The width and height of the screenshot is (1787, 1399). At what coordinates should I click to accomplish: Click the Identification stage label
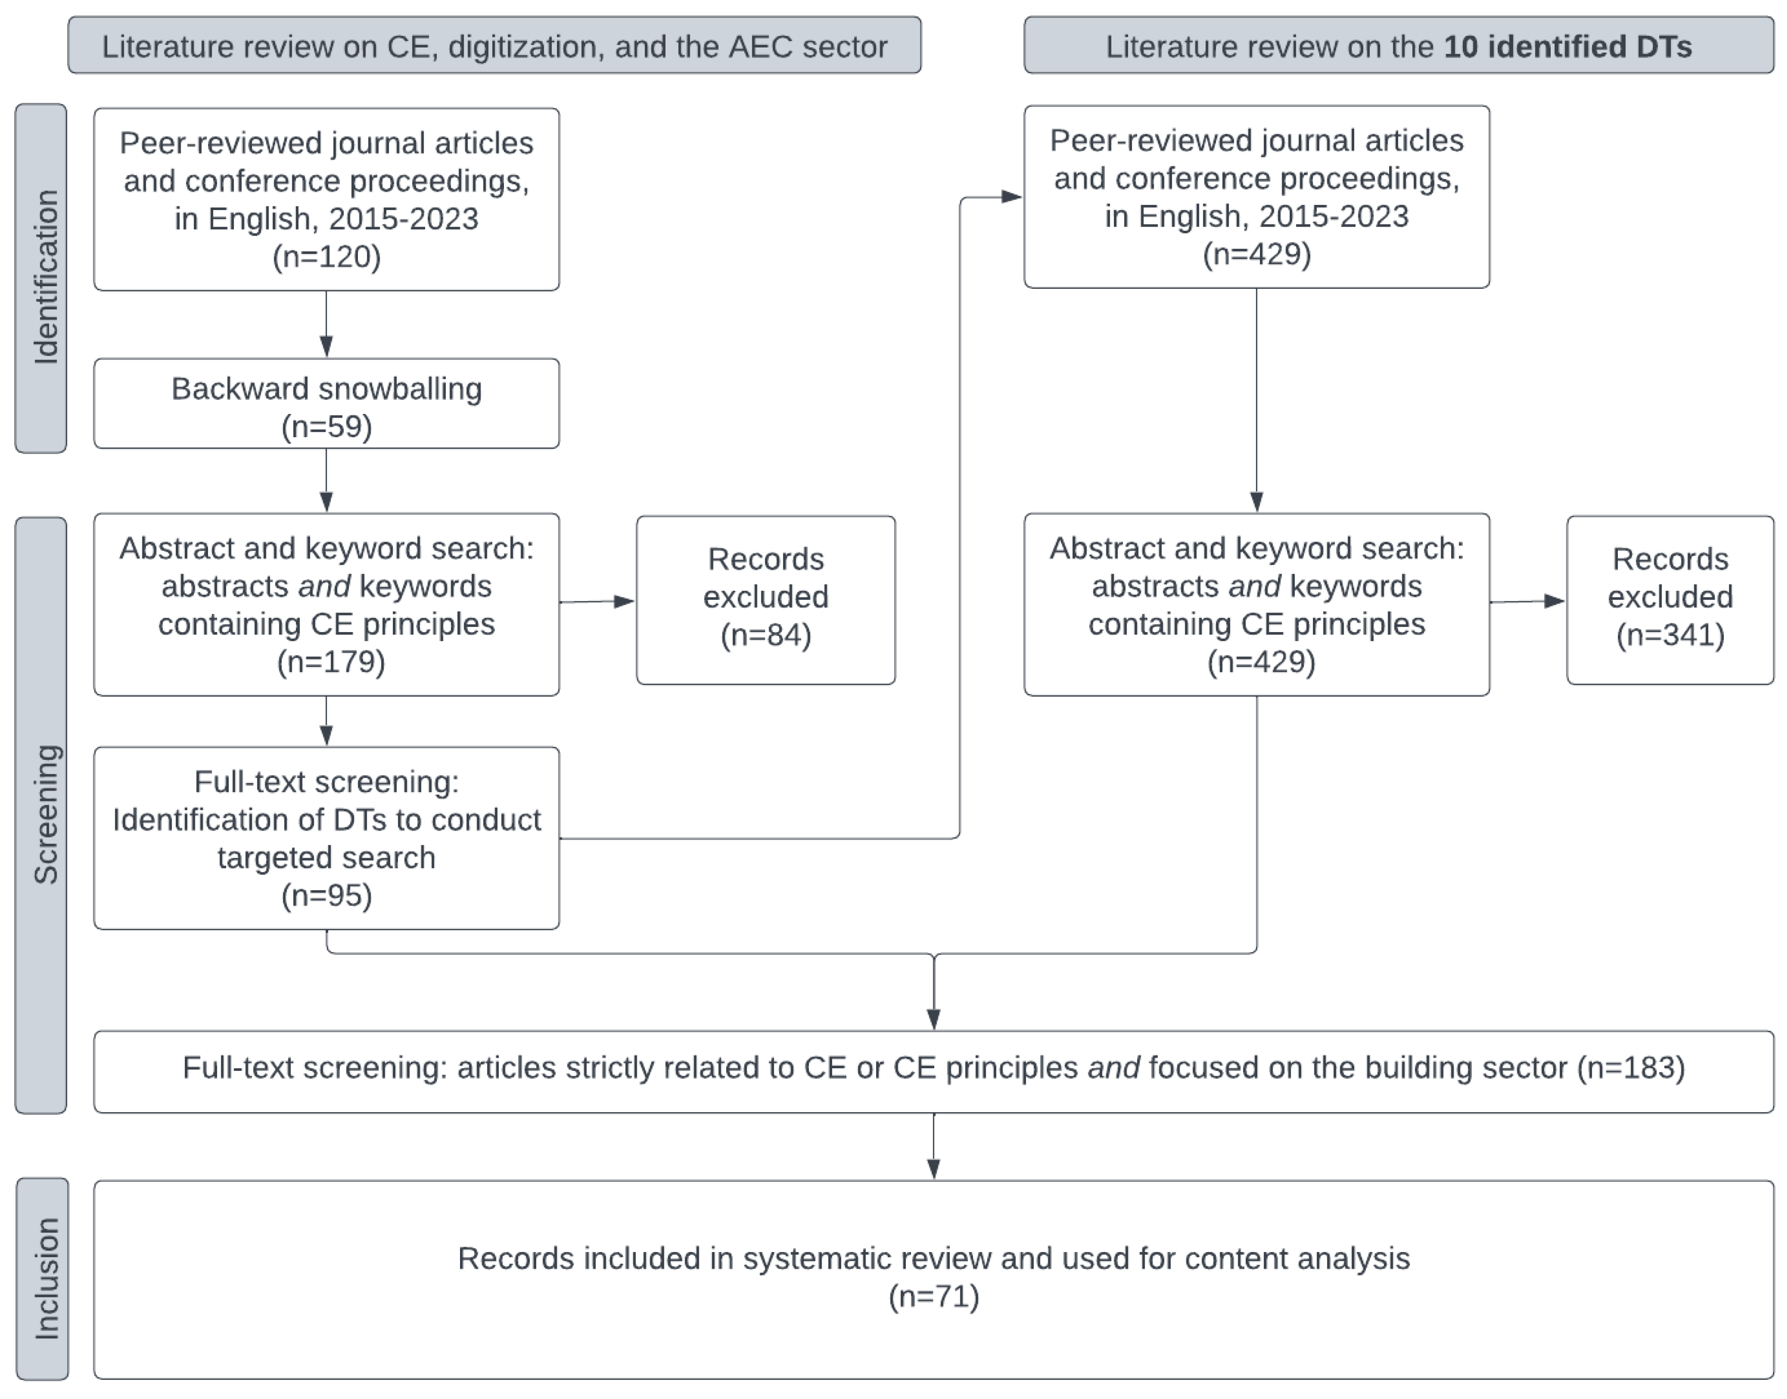point(41,279)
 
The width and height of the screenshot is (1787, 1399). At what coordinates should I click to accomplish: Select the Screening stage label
point(41,814)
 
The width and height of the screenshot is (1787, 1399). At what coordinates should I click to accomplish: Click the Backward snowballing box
point(326,403)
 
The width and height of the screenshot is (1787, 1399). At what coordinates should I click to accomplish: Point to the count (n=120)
point(326,256)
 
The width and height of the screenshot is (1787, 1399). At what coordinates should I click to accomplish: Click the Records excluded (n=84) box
point(765,600)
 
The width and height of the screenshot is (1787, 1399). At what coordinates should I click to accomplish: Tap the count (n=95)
point(326,895)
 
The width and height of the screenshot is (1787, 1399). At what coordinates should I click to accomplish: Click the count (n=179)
point(331,662)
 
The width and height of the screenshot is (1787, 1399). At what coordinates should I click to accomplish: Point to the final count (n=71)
point(934,1297)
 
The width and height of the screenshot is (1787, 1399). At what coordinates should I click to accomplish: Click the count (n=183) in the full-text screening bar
point(1630,1068)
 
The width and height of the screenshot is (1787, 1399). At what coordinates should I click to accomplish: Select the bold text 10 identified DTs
point(1567,46)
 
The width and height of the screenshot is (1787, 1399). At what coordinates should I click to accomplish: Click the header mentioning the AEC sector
point(494,46)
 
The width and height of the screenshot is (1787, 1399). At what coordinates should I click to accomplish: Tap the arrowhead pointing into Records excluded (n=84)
point(625,601)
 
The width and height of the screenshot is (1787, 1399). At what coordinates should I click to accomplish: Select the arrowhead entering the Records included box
point(934,1168)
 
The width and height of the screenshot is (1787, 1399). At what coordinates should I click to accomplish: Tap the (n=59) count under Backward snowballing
point(326,427)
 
